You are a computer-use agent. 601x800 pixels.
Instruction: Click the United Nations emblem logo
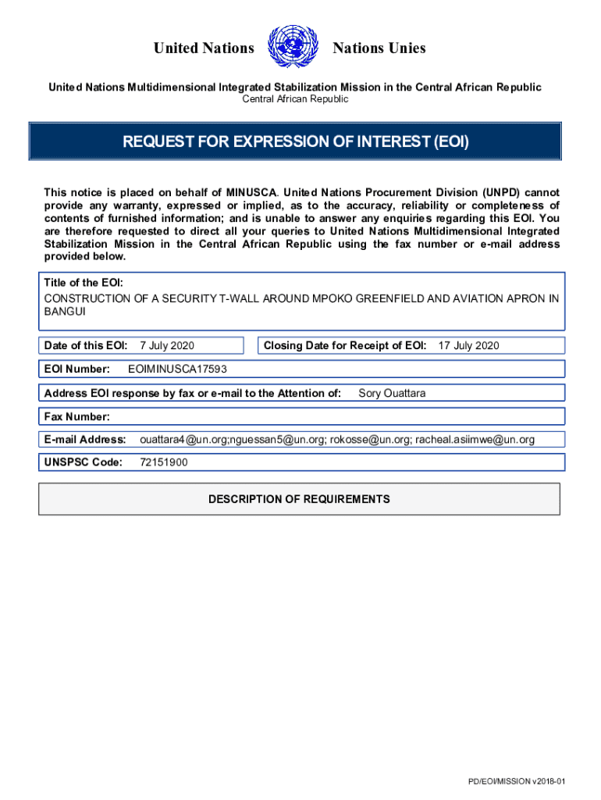293,48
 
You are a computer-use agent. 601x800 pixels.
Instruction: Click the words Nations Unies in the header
379,48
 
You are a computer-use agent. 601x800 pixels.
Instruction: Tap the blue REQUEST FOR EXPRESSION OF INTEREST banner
296,142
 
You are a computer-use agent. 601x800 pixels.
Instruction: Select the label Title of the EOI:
83,283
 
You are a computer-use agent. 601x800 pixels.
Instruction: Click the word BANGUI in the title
64,311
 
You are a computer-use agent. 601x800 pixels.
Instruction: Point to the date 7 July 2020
167,345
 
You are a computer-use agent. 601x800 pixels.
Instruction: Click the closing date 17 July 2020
468,345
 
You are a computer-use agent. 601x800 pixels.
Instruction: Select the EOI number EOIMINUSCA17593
177,369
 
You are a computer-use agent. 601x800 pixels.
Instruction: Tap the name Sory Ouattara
392,393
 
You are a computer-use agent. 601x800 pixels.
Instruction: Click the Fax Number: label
76,416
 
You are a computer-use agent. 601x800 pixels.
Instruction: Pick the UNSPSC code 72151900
164,462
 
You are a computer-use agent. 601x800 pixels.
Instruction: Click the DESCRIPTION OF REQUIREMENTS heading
299,499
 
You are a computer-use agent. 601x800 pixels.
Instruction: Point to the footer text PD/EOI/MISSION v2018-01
516,781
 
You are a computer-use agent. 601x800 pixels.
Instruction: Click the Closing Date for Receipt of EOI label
345,345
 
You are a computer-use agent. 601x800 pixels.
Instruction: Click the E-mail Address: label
85,440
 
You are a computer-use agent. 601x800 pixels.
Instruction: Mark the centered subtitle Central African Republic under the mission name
295,99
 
